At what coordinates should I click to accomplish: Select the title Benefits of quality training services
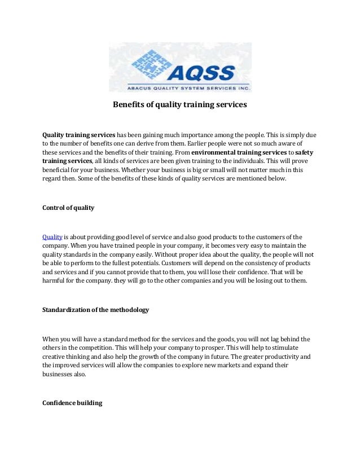pyautogui.click(x=180, y=104)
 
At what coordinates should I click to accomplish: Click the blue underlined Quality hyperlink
pyautogui.click(x=52, y=237)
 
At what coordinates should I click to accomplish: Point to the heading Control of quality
pyautogui.click(x=68, y=208)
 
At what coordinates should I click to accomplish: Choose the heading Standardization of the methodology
pyautogui.click(x=96, y=310)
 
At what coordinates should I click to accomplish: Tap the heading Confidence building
pyautogui.click(x=72, y=403)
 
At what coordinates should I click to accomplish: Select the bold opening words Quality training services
pyautogui.click(x=79, y=136)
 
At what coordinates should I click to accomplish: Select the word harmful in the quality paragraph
pyautogui.click(x=55, y=280)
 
